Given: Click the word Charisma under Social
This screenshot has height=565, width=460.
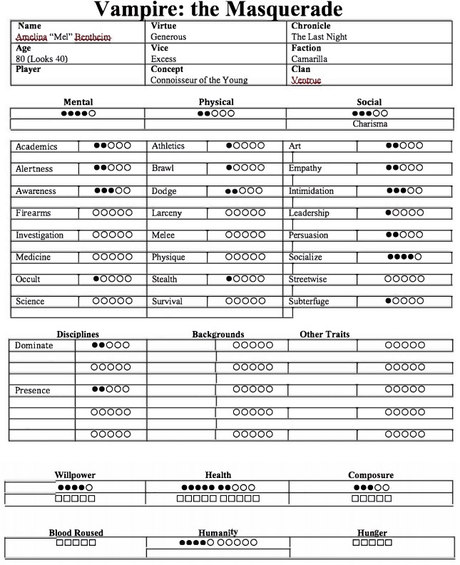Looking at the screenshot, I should click(370, 124).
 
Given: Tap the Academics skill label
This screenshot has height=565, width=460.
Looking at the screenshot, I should click(36, 146).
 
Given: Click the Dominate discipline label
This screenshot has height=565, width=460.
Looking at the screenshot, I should click(35, 345).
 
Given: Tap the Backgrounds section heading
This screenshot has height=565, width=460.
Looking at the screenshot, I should click(218, 334).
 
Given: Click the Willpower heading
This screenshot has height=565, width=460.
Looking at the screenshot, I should click(75, 475).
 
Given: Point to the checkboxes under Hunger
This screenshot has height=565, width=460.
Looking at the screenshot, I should click(372, 543).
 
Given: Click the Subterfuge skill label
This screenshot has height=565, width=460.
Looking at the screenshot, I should click(309, 302).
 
